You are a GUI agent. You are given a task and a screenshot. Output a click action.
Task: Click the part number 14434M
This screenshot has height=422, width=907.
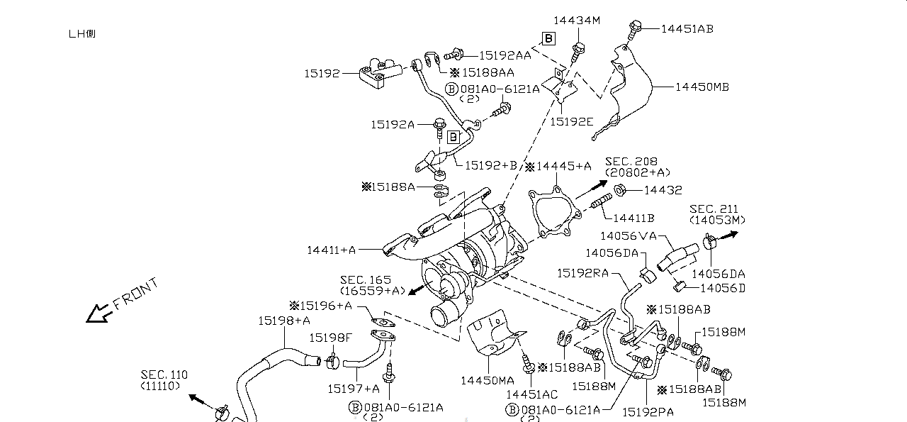tap(576, 21)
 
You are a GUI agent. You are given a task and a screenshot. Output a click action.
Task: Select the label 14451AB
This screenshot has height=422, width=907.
tap(687, 29)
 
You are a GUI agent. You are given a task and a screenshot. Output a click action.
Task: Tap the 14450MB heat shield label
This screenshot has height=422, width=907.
tap(702, 87)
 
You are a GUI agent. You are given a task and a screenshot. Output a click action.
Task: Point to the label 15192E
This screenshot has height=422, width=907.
tap(572, 122)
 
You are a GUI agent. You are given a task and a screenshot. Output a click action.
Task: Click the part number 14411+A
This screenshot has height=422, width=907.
tap(331, 250)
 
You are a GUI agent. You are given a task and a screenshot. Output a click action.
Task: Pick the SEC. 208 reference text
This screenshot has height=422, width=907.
tap(631, 162)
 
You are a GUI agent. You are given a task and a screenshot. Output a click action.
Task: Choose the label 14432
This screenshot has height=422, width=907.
tap(663, 190)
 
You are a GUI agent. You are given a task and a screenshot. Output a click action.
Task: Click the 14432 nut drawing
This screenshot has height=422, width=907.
tap(618, 190)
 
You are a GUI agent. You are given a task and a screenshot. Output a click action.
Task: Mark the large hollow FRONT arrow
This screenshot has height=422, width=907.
tap(98, 313)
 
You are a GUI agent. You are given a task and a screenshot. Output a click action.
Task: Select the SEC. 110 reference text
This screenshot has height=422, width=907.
tap(164, 374)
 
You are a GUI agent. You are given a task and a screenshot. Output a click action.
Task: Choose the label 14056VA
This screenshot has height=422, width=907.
tap(628, 236)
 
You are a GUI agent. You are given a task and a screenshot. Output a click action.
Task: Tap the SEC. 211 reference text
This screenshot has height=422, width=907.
tap(714, 209)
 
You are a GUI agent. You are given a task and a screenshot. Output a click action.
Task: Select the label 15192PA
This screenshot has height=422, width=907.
tap(648, 411)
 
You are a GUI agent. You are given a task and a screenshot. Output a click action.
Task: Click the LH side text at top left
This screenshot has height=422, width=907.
tap(81, 34)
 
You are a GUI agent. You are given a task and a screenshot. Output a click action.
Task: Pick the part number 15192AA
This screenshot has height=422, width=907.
tap(505, 55)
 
